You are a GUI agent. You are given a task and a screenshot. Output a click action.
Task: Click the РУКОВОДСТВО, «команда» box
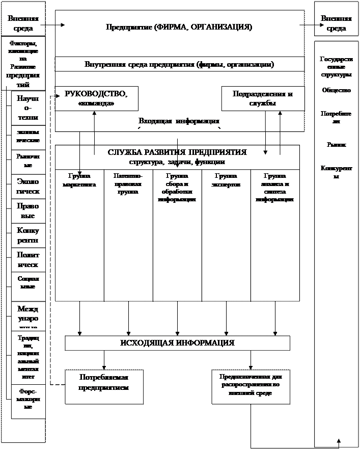96,98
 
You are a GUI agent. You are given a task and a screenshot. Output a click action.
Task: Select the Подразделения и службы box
262,98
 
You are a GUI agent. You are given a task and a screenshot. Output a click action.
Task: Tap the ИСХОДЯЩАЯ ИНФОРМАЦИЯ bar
177,343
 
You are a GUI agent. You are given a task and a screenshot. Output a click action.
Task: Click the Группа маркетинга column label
79,180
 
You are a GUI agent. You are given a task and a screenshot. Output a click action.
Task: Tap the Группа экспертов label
226,180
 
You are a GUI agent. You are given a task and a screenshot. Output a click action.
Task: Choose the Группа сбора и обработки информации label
177,188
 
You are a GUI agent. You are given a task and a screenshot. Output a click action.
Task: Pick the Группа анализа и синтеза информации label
275,188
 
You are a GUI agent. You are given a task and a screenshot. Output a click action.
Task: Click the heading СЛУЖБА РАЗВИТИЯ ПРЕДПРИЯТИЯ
177,152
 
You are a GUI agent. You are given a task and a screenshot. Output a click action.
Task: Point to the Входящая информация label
179,121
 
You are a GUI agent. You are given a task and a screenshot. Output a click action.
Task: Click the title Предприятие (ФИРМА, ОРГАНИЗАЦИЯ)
179,27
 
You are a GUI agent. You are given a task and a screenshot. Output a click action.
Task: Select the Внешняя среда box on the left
23,23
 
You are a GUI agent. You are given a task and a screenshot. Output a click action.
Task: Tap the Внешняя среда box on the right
336,23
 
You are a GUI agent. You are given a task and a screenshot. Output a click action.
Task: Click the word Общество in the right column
336,90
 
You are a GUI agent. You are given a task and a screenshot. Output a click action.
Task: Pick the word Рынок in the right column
336,145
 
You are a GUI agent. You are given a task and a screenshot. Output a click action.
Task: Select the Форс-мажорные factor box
28,400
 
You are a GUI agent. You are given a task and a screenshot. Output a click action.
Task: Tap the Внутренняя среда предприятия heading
179,65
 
